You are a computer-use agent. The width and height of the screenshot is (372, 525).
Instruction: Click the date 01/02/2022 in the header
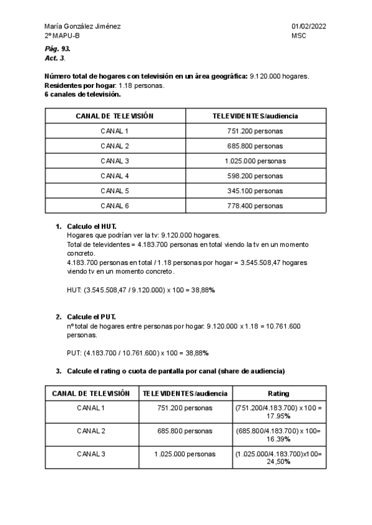309,26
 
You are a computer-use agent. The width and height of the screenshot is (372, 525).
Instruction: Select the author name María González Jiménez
82,26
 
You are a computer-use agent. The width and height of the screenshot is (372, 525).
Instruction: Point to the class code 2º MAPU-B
62,36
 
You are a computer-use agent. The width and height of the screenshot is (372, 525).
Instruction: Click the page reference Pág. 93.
57,48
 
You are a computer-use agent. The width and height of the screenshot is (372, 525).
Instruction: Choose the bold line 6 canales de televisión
82,94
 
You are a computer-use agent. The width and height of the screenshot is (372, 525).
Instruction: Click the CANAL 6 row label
115,206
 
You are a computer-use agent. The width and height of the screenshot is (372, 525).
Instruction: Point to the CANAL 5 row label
115,191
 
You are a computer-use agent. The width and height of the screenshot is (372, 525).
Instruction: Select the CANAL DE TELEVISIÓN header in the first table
115,116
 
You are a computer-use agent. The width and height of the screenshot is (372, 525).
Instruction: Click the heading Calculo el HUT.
91,227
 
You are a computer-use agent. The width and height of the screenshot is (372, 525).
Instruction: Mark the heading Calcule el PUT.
91,317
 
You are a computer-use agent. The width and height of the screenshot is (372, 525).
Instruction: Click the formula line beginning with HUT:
141,289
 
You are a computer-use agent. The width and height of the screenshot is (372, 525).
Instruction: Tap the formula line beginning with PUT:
138,353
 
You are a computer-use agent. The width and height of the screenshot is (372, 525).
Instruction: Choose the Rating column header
278,393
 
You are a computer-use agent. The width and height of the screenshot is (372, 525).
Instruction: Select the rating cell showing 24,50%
278,458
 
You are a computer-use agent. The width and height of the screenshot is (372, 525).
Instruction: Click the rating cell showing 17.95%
278,412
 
